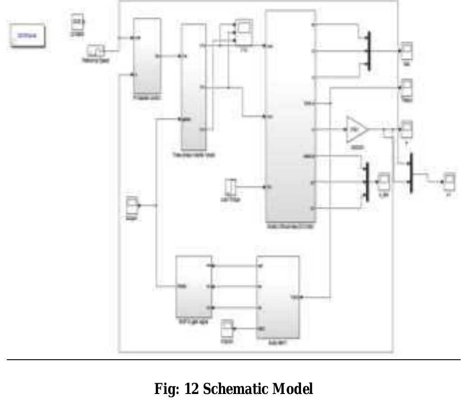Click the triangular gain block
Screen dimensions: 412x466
coord(356,129)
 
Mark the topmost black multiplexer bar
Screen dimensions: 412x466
coord(369,50)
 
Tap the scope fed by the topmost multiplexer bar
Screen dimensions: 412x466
coord(407,51)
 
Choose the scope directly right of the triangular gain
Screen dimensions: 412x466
coord(407,128)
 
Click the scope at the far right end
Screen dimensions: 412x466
coord(448,181)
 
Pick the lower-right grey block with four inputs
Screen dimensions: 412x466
coord(277,297)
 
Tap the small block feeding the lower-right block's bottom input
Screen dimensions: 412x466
coord(227,330)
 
